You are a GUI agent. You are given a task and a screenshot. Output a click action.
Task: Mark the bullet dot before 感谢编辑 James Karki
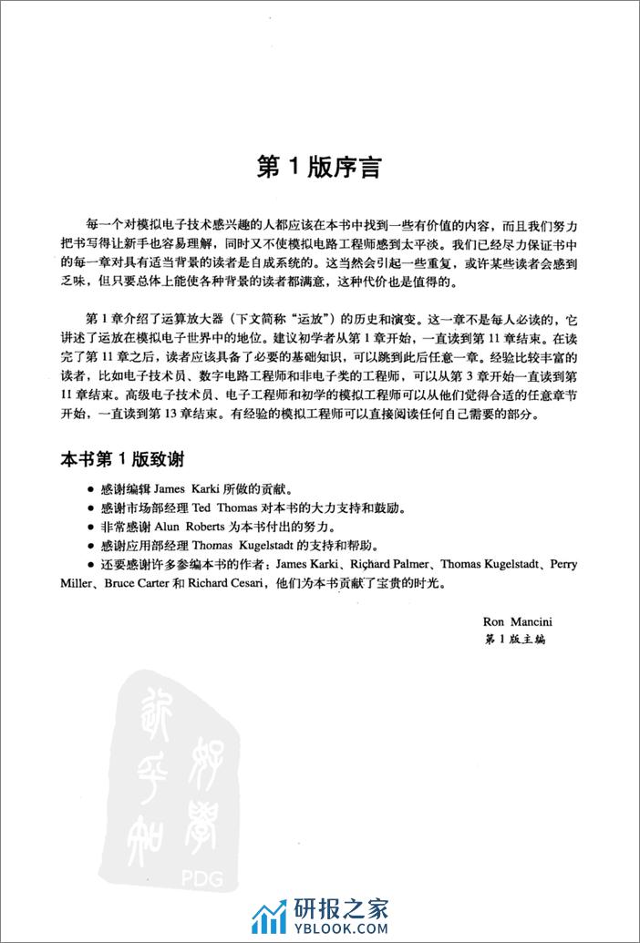point(90,488)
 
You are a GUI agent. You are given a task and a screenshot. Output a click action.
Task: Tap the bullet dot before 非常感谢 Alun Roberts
point(90,527)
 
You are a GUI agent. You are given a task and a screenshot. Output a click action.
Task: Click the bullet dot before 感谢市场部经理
point(90,507)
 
